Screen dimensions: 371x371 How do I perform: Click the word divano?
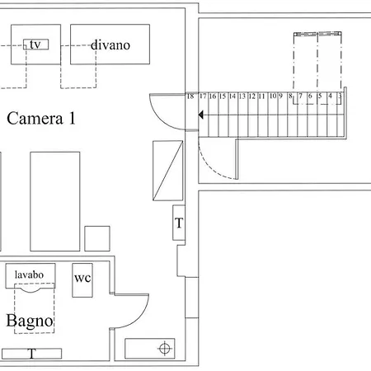[110, 45]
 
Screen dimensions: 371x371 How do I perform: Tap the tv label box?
[36, 45]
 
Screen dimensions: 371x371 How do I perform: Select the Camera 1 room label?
[41, 119]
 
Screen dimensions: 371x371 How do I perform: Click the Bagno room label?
[30, 321]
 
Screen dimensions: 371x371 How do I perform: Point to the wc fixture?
[82, 280]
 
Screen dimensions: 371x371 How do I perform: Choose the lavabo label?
[29, 275]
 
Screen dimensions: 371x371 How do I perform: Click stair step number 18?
[190, 96]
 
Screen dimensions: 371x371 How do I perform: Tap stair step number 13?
[242, 96]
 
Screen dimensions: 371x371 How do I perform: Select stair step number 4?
[330, 96]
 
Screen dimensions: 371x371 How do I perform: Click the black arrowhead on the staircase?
[201, 115]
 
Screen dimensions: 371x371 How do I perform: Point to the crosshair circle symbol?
[165, 349]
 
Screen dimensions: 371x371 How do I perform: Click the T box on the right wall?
[179, 223]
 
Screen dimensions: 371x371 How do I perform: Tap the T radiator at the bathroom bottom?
[31, 354]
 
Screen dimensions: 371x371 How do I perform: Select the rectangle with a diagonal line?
[168, 171]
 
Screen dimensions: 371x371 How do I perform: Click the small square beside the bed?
[97, 238]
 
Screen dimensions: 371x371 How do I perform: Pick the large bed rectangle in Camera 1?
[55, 201]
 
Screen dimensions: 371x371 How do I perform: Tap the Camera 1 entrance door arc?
[159, 120]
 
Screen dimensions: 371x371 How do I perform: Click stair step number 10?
[273, 96]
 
